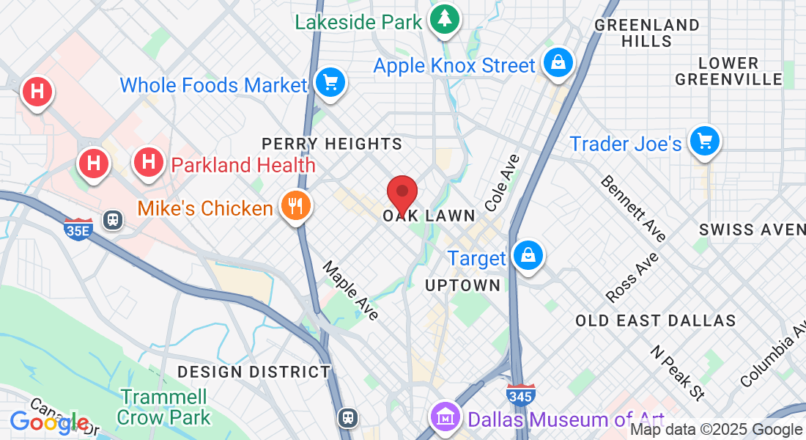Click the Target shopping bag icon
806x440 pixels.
click(x=527, y=255)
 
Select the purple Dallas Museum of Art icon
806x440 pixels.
click(x=444, y=417)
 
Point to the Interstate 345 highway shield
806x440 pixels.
click(x=520, y=395)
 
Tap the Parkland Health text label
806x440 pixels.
click(x=243, y=165)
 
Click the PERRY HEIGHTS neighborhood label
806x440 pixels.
click(x=332, y=144)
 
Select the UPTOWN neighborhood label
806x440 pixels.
click(x=463, y=285)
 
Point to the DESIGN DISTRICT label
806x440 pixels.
click(x=254, y=372)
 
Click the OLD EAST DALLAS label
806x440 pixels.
click(x=655, y=320)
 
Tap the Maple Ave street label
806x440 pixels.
click(x=351, y=290)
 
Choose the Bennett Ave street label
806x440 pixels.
click(x=634, y=208)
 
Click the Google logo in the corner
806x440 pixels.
click(x=49, y=422)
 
